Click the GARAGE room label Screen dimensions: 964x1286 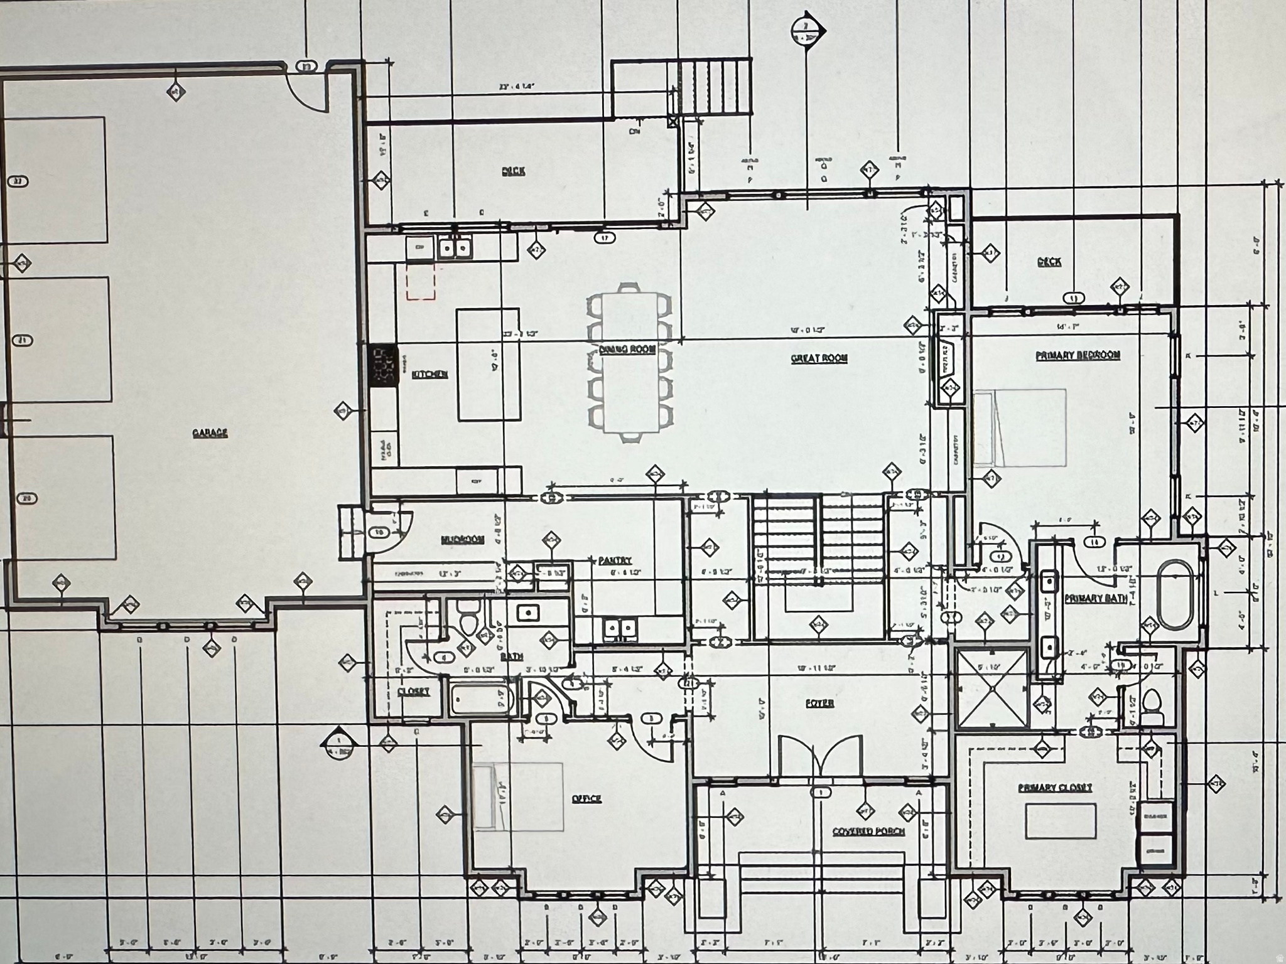210,433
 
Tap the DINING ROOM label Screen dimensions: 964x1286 627,350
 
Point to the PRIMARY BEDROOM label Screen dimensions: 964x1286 1078,355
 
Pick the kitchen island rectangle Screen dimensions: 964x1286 489,364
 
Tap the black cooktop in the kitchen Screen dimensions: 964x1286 383,365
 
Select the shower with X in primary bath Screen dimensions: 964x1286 991,688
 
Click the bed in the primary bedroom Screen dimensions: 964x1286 1020,427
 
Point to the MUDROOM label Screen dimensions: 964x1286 462,539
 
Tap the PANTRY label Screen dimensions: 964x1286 614,560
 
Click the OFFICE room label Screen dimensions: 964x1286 586,799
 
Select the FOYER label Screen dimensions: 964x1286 819,704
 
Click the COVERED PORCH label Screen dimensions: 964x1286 868,831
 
